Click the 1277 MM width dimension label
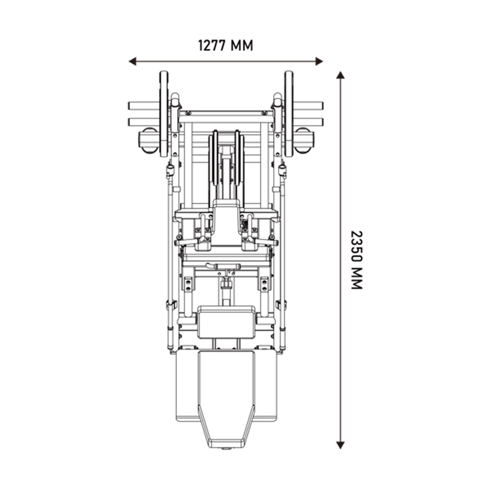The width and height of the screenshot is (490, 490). click(225, 45)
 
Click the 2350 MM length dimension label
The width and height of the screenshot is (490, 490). click(356, 260)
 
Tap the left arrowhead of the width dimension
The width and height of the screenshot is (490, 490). click(132, 61)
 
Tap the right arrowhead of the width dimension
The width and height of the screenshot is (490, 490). click(319, 61)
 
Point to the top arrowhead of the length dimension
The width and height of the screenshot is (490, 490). click(341, 75)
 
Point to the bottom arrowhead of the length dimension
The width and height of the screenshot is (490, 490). click(341, 445)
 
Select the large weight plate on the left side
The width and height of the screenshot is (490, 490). click(164, 114)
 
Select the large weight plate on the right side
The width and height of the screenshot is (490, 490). click(288, 114)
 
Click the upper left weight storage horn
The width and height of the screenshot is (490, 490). click(144, 105)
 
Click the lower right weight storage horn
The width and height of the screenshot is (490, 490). click(308, 122)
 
